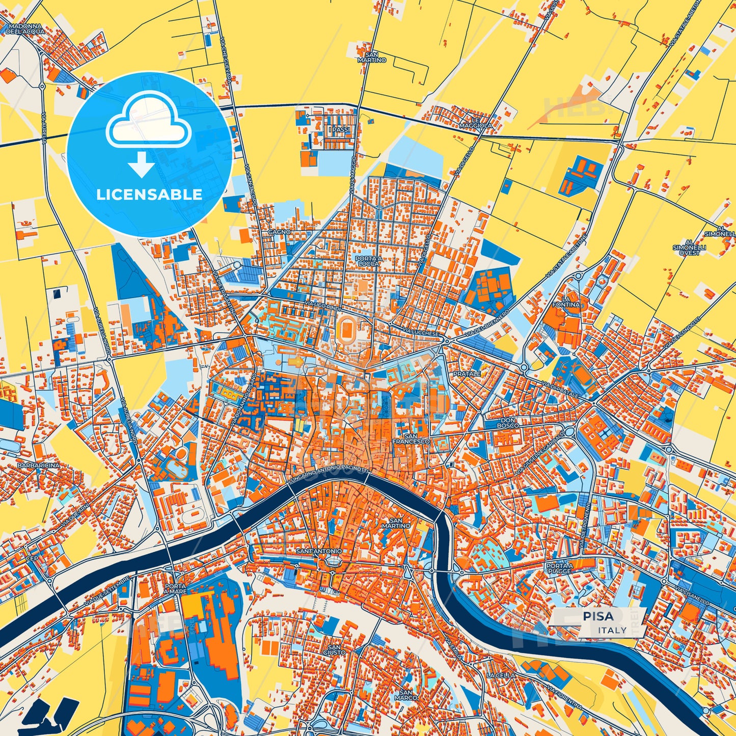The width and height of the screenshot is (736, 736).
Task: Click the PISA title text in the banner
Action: [x=598, y=616]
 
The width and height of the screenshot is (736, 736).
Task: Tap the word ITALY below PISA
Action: [x=613, y=630]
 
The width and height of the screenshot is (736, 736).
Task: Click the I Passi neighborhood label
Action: [x=339, y=130]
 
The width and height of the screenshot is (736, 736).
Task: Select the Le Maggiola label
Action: [x=476, y=122]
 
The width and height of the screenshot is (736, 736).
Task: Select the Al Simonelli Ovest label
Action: [x=689, y=247]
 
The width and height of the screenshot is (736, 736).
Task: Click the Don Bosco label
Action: [x=509, y=422]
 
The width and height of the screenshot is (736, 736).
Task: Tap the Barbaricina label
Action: [x=38, y=466]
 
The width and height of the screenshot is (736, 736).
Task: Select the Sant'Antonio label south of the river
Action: [x=319, y=551]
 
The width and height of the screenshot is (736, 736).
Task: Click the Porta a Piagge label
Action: [x=559, y=568]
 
